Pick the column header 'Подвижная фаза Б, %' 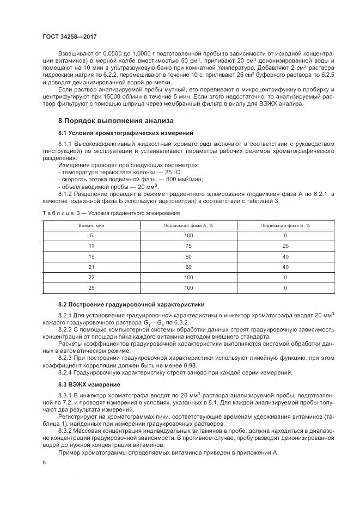[x=285, y=225]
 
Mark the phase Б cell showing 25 [x=285, y=246]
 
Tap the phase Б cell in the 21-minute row [x=285, y=266]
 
